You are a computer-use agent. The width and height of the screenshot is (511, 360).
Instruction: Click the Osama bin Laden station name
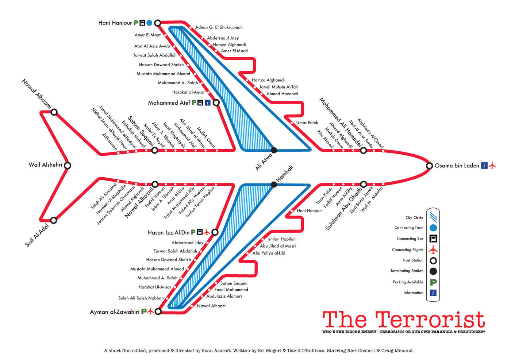457,166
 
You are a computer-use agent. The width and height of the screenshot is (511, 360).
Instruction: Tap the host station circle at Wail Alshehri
67,166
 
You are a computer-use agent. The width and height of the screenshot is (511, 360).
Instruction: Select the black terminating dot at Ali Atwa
274,150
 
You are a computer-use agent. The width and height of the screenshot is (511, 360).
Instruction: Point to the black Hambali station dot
274,185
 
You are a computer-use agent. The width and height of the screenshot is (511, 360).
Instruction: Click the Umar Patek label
307,123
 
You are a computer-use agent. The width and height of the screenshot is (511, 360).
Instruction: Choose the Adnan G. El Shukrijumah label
219,27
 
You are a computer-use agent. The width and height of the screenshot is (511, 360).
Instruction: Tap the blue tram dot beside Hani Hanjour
149,23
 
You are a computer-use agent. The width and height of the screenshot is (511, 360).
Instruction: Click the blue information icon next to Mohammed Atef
208,103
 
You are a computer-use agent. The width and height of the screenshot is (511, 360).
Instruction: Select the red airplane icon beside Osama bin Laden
492,166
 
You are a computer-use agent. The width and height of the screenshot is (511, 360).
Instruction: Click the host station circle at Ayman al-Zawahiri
158,311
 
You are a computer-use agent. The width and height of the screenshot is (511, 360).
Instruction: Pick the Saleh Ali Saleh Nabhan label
141,298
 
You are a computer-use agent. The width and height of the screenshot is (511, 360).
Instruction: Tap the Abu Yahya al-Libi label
269,253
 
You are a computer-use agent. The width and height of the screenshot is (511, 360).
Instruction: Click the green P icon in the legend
433,282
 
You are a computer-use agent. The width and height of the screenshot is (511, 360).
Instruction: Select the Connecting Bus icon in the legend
433,239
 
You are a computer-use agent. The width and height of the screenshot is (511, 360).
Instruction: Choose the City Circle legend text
414,218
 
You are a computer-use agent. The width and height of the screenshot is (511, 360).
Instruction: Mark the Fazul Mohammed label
231,290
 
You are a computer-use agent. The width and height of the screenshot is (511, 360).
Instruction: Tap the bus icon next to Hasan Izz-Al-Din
200,232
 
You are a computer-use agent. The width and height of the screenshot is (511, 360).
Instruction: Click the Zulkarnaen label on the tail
110,142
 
